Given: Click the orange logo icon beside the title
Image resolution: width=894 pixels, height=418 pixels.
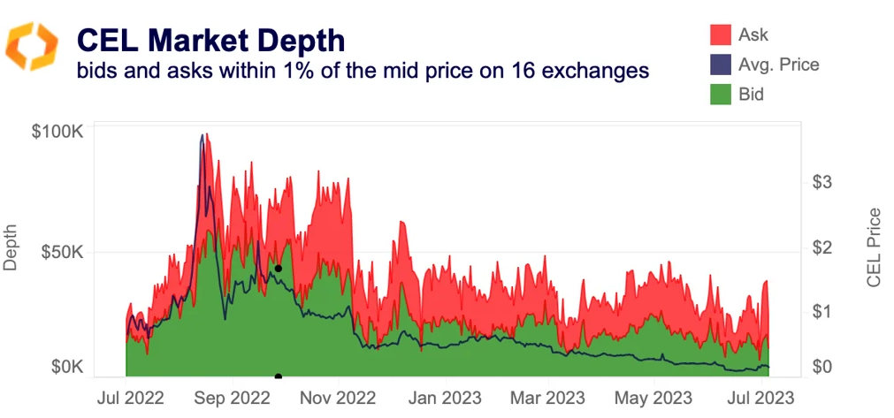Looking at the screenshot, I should point(32,46).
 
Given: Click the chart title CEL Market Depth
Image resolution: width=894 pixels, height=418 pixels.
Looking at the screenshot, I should point(210,40).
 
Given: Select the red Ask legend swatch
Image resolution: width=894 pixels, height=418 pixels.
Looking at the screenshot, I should point(721,34).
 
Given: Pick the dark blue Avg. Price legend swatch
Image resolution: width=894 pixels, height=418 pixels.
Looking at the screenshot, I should point(721,64).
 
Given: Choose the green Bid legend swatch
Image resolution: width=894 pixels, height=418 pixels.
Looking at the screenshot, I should point(721,93).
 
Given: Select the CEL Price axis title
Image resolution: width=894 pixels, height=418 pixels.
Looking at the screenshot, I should point(874,247).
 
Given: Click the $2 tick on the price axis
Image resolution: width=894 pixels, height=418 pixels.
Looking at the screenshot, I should point(821,247).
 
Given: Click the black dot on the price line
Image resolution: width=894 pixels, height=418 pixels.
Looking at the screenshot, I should point(278,268).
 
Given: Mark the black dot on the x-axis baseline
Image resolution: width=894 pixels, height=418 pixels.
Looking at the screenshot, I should point(279,377).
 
